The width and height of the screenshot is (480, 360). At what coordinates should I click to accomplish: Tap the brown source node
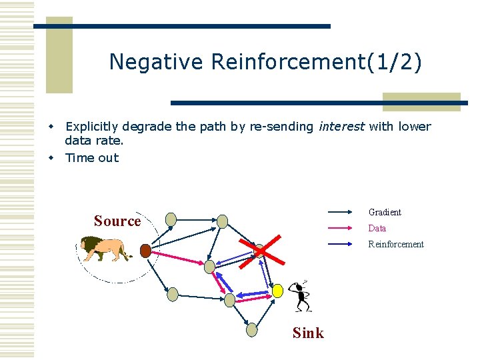145,251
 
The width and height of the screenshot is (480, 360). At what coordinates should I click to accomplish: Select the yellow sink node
277,291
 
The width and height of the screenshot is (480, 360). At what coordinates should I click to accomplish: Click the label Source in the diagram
117,221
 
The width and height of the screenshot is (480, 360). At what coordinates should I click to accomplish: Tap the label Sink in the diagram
308,333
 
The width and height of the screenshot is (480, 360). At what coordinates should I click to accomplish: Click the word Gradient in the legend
385,212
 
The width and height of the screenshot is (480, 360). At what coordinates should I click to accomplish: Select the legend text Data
377,228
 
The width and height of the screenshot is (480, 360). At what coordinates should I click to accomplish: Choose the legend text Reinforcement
396,244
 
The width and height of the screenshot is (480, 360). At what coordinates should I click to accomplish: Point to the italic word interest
341,127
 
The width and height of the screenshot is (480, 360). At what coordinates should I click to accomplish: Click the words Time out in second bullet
91,157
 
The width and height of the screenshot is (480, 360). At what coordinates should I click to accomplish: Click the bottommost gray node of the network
251,329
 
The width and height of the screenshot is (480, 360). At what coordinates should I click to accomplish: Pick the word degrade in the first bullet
141,127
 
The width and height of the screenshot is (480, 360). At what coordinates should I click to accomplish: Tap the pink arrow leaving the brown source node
177,259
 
